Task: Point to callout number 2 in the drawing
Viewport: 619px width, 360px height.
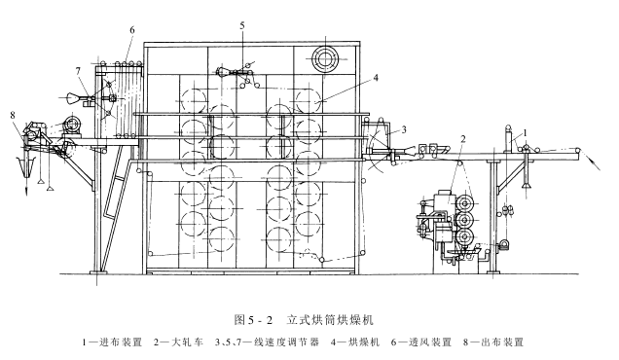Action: [x=463, y=138]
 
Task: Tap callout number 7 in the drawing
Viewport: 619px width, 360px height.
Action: [x=77, y=70]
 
